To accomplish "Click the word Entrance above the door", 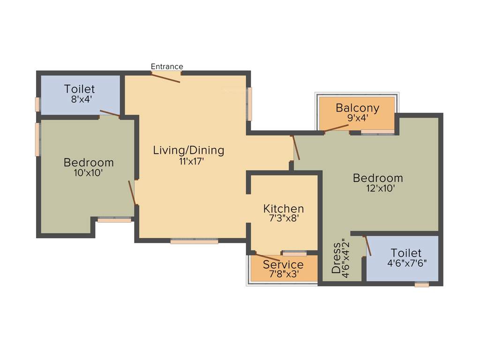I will pyautogui.click(x=167, y=67).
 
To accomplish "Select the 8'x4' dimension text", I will pyautogui.click(x=80, y=99).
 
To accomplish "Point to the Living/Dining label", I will pyautogui.click(x=189, y=150).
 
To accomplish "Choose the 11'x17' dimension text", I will pyautogui.click(x=189, y=161).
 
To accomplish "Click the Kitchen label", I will pyautogui.click(x=284, y=209).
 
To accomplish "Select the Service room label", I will pyautogui.click(x=283, y=265).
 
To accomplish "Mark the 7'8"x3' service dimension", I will pyautogui.click(x=284, y=274).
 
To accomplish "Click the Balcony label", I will pyautogui.click(x=357, y=108).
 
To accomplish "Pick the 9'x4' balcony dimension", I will pyautogui.click(x=358, y=118).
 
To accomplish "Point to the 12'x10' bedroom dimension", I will pyautogui.click(x=378, y=188).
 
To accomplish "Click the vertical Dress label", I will pyautogui.click(x=337, y=258).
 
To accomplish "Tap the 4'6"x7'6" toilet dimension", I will pyautogui.click(x=407, y=263).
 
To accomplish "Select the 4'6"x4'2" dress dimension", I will pyautogui.click(x=346, y=259).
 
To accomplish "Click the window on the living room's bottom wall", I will pyautogui.click(x=194, y=241).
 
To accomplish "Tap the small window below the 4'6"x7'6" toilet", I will pyautogui.click(x=422, y=284).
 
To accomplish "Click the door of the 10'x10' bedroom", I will pyautogui.click(x=132, y=193).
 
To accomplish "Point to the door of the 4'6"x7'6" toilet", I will pyautogui.click(x=368, y=247).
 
